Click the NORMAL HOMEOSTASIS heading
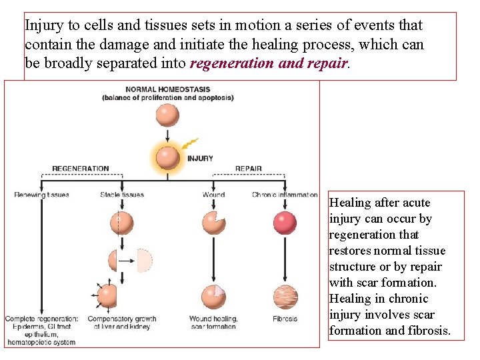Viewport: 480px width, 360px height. tap(167, 89)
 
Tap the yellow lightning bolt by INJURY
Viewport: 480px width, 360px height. tap(189, 144)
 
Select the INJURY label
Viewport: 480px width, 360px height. tap(200, 159)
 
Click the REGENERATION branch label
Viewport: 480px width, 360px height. tap(80, 169)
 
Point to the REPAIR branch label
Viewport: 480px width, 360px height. tap(248, 169)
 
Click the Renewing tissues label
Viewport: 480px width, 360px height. tap(41, 195)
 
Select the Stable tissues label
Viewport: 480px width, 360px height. tap(122, 195)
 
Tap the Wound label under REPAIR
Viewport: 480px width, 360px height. tap(213, 195)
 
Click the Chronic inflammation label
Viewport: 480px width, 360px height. tap(285, 195)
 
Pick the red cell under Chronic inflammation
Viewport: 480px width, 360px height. tap(285, 223)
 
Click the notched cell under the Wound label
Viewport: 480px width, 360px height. tap(213, 223)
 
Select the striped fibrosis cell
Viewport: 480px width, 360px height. tap(285, 296)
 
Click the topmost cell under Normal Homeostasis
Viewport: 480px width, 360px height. tap(167, 115)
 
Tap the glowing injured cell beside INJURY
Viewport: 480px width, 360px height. tap(167, 158)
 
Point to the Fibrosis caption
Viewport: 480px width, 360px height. tap(285, 319)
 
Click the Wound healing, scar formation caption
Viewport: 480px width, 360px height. tap(213, 323)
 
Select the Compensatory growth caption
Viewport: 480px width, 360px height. tap(122, 323)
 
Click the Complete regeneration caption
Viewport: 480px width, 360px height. tap(41, 331)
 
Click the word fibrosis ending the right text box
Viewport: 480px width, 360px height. tap(426, 331)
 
